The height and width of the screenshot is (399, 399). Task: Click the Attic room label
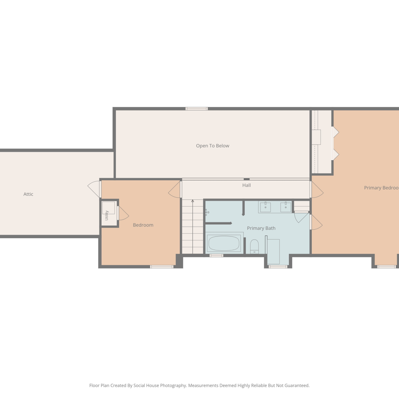tap(28, 194)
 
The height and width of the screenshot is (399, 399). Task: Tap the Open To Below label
tap(213, 146)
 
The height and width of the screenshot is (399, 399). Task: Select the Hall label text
tap(247, 185)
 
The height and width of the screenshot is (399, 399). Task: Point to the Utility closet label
tap(107, 215)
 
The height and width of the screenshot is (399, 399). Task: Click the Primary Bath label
tap(261, 228)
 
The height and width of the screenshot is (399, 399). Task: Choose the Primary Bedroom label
tap(381, 188)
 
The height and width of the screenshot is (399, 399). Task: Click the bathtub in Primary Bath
tap(224, 243)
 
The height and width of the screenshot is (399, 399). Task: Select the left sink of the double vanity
tap(265, 207)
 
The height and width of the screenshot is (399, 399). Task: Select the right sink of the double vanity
tap(286, 207)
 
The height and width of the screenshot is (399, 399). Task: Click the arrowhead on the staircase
tap(193, 201)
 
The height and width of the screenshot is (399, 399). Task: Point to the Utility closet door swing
tap(123, 213)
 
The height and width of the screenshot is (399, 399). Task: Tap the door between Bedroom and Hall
tap(175, 189)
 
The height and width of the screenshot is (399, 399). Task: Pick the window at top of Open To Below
tap(197, 109)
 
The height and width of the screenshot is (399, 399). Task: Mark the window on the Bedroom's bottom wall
tap(162, 267)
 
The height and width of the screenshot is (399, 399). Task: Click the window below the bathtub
tap(216, 256)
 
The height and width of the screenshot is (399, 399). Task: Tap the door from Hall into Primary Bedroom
tap(317, 190)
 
